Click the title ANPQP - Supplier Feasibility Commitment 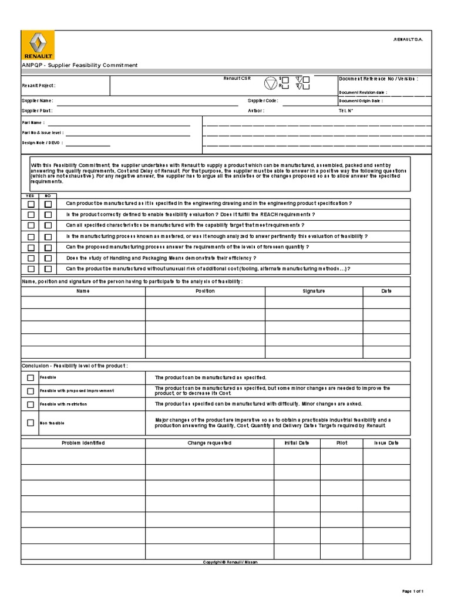80,65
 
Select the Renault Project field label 39,86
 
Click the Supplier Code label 262,101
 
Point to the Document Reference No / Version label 378,79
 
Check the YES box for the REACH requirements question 31,215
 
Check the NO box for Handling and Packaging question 48,258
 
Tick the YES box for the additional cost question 31,269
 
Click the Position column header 205,291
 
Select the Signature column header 314,291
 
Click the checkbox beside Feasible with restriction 31,404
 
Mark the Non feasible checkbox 31,423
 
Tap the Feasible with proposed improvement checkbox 31,391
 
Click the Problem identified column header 83,443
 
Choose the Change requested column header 205,443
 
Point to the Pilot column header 342,443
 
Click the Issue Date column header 386,443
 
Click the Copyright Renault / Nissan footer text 230,562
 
